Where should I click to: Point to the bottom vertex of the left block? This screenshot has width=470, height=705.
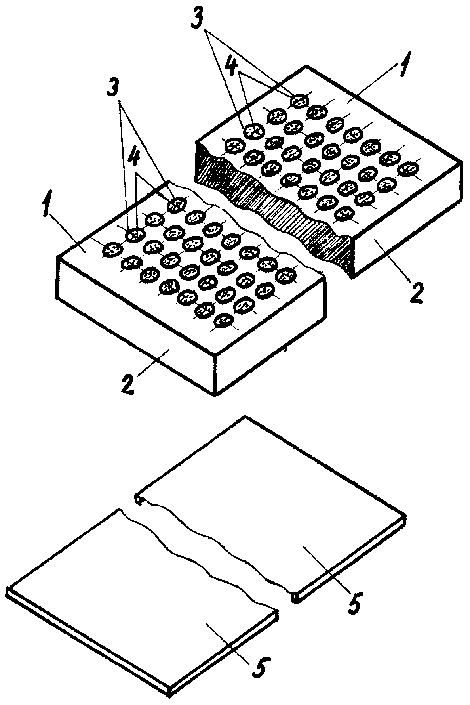pos(215,395)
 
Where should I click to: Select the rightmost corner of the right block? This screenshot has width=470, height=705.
pos(461,161)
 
